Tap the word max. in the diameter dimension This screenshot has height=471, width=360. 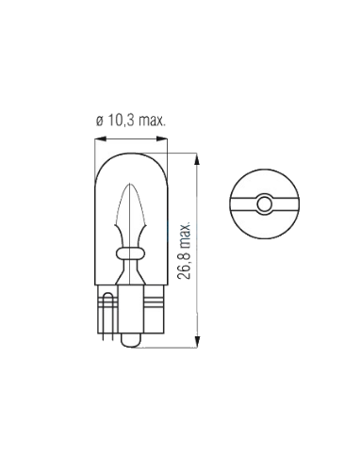click(152, 121)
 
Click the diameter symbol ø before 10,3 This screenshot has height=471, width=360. click(100, 122)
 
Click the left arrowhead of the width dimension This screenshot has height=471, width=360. click(100, 138)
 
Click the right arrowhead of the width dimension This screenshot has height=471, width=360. click(162, 138)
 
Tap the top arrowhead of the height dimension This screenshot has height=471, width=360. click(197, 159)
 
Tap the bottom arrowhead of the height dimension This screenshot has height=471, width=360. click(197, 342)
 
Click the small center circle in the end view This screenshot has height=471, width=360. click(264, 204)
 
